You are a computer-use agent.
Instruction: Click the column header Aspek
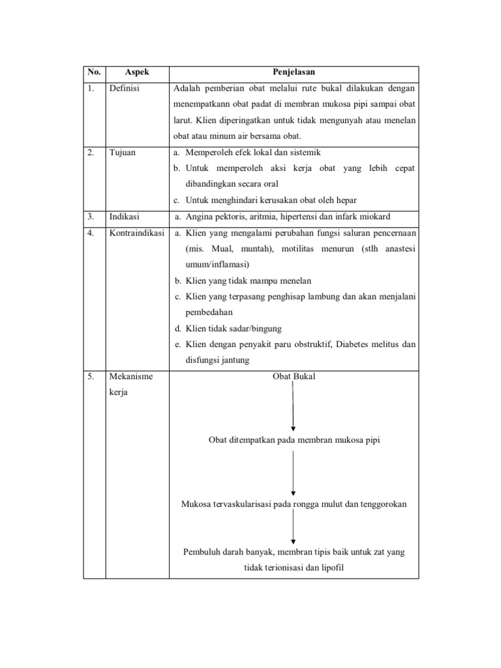(137, 72)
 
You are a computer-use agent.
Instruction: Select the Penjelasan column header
(294, 72)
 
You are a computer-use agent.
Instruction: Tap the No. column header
(94, 72)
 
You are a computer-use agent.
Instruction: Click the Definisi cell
(125, 88)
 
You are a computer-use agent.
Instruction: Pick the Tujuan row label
(123, 152)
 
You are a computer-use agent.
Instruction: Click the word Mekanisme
(130, 376)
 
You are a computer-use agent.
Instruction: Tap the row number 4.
(91, 233)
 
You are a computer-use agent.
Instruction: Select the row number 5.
(91, 376)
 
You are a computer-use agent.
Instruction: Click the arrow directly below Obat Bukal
(294, 408)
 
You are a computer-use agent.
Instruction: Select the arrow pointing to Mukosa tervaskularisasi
(294, 473)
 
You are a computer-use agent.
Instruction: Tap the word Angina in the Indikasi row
(198, 217)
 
